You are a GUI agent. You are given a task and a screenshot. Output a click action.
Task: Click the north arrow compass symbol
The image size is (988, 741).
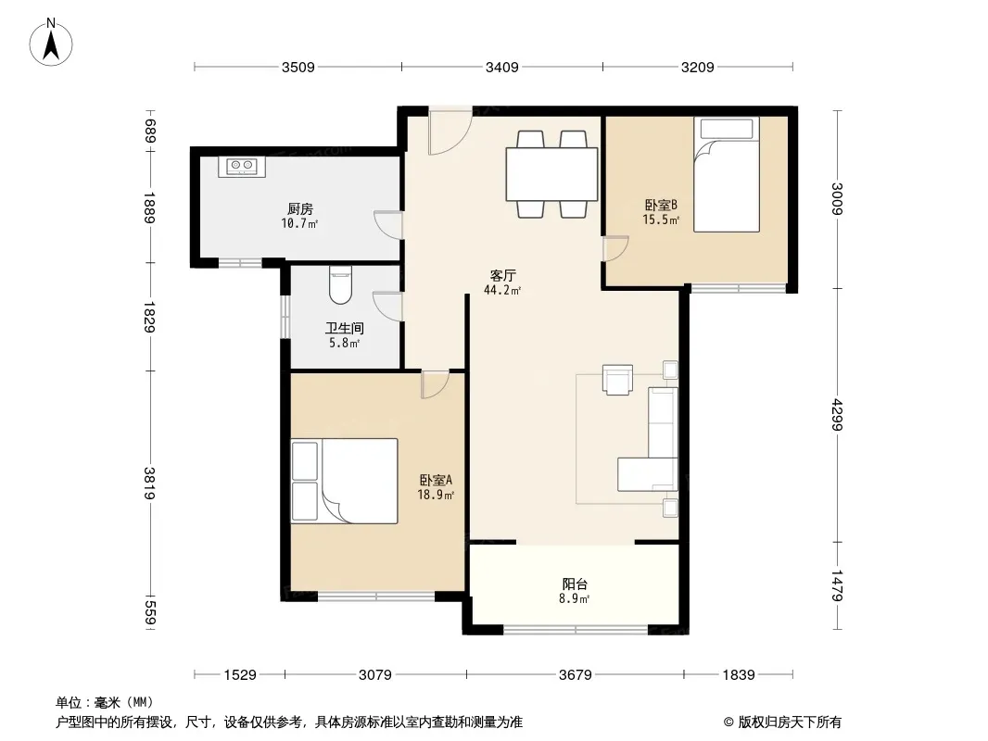(51, 43)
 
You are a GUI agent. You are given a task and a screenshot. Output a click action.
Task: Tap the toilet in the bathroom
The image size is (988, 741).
(341, 284)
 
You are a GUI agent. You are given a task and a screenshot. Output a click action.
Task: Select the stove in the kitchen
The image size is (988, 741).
(242, 166)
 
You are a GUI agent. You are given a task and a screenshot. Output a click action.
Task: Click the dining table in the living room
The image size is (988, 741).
(552, 174)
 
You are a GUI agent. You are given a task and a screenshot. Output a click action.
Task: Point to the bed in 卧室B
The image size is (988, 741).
(727, 174)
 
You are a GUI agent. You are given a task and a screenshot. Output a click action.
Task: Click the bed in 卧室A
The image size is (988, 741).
(344, 481)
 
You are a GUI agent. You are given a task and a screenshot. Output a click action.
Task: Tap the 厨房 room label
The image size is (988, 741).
(300, 208)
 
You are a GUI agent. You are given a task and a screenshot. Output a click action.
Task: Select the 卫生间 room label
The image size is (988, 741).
(344, 328)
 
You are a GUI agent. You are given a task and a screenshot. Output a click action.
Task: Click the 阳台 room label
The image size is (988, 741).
(575, 584)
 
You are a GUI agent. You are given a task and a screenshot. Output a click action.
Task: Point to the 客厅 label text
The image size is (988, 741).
(503, 276)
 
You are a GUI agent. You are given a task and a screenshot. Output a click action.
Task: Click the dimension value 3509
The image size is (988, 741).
(298, 68)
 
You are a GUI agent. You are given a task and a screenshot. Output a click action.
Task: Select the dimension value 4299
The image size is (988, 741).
(837, 414)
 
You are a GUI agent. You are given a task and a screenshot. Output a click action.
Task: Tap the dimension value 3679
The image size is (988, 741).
(576, 675)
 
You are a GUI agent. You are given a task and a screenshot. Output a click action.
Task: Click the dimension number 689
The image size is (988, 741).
(150, 131)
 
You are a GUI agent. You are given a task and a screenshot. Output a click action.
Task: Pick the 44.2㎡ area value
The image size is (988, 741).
(502, 290)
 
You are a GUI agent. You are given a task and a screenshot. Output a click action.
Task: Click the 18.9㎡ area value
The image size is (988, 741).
(436, 495)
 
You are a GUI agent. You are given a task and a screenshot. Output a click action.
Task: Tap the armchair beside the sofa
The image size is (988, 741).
(617, 380)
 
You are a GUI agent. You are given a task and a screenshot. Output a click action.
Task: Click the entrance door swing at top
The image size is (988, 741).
(450, 132)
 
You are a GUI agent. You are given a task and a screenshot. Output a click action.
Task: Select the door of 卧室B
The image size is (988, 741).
(615, 248)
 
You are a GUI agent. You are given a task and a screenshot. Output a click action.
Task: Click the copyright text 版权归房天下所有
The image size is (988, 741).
(790, 722)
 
